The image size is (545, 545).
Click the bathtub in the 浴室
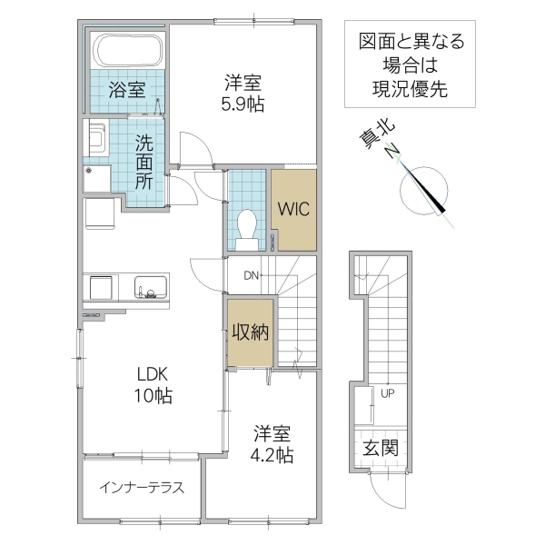pos(128,51)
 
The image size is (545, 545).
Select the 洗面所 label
pos(145,161)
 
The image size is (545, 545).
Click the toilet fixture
pos(246,227)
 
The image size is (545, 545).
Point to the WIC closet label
pos(293,208)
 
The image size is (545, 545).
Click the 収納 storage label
pos(249,332)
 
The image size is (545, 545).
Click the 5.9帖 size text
pos(244,104)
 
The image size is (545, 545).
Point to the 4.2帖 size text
pos(272,455)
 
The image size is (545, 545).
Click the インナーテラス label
pos(142,487)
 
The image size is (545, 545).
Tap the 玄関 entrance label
pos(381,448)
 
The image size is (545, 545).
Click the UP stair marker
pos(388,394)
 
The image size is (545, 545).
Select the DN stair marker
pos(251,275)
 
